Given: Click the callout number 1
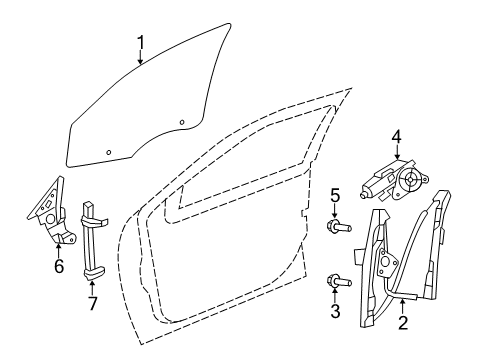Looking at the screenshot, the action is point(141,42).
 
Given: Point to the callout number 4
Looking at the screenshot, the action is point(396,137).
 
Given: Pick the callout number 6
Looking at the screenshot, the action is point(58,266).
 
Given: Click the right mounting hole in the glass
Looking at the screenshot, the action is point(182,123).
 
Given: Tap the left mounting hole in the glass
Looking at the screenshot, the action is point(109,151).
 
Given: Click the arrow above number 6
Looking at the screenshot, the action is point(58,249).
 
